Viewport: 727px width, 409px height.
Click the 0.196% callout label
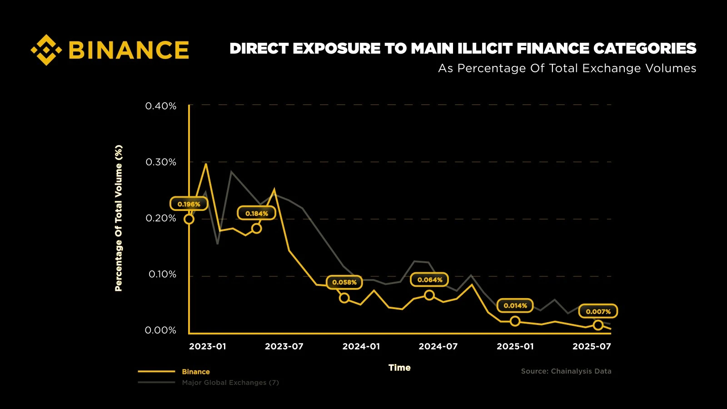coord(189,204)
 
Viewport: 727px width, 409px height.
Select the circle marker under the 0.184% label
coord(256,228)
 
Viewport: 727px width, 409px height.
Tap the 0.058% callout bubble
coord(344,282)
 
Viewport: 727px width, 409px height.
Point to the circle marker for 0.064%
coord(429,295)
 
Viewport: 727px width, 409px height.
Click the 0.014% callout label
coord(515,306)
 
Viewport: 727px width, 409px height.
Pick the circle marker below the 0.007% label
coord(598,325)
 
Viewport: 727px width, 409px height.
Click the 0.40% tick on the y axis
coord(160,106)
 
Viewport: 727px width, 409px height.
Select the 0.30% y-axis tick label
coord(160,162)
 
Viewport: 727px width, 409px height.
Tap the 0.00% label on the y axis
coord(160,330)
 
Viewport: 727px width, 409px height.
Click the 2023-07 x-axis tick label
coord(284,346)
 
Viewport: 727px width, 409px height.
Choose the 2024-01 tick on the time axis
coord(361,346)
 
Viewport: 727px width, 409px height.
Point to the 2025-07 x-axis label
coord(592,346)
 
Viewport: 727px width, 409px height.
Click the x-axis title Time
coord(399,368)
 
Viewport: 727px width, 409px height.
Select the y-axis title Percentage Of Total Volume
coord(119,218)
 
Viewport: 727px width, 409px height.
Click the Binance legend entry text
coord(196,372)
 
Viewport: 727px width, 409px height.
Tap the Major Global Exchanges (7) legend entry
coord(230,383)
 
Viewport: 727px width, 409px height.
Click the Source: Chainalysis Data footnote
coord(566,371)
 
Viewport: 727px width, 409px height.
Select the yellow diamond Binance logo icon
coord(46,50)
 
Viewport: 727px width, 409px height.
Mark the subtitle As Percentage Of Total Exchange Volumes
coord(567,68)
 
